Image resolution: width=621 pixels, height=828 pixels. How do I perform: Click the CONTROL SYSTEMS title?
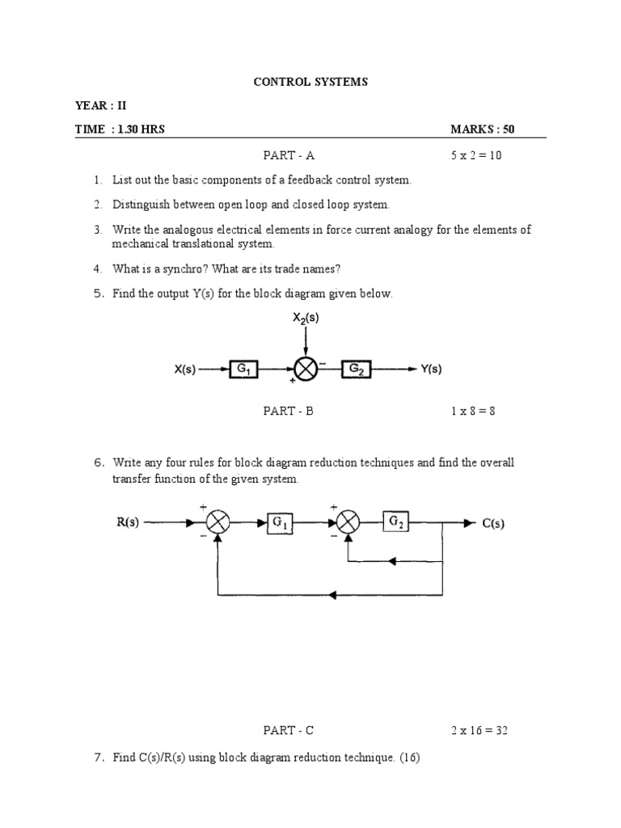pyautogui.click(x=310, y=82)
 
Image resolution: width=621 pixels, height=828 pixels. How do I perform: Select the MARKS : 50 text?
pyautogui.click(x=483, y=129)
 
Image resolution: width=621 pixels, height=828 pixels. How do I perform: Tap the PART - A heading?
pyautogui.click(x=288, y=155)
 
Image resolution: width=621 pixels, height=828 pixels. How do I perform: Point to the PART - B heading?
pyautogui.click(x=288, y=411)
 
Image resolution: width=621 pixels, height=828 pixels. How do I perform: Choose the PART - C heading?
pyautogui.click(x=288, y=731)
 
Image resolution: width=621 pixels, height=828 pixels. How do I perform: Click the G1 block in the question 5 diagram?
pyautogui.click(x=243, y=370)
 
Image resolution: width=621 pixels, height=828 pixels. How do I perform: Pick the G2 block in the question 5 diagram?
pyautogui.click(x=356, y=370)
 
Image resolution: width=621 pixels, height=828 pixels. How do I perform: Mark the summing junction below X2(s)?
pyautogui.click(x=306, y=370)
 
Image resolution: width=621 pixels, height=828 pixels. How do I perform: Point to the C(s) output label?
pyautogui.click(x=493, y=523)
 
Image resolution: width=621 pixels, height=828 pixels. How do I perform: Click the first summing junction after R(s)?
pyautogui.click(x=218, y=523)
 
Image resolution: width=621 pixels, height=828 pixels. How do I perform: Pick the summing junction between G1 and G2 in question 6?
pyautogui.click(x=348, y=523)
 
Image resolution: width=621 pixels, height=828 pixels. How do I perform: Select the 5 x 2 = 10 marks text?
pyautogui.click(x=476, y=155)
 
